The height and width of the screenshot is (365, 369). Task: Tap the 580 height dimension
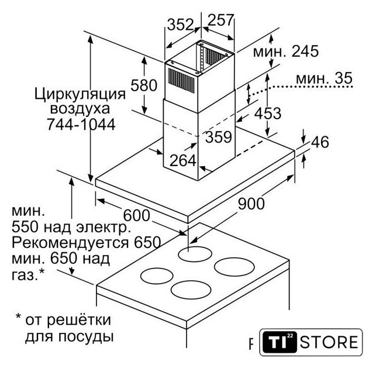coord(144,85)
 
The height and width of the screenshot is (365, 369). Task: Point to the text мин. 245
coord(285,51)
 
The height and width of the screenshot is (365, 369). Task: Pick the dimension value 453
coord(268,113)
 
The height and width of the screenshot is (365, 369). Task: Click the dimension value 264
coord(182,160)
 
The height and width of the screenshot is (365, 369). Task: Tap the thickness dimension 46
coord(320,142)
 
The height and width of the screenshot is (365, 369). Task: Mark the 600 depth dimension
coord(136,215)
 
